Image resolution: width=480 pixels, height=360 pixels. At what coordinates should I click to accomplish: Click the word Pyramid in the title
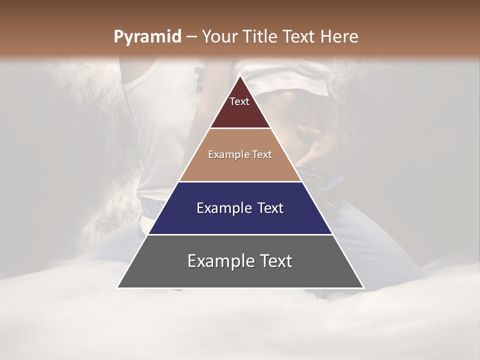point(147,37)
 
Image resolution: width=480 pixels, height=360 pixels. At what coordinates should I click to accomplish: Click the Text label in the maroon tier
point(239,101)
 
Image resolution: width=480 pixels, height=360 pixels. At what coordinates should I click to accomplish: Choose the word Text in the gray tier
point(274,261)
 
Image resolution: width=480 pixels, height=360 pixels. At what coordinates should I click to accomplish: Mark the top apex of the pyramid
point(240,76)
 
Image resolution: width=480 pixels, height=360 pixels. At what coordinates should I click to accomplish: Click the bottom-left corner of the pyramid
point(118,287)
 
